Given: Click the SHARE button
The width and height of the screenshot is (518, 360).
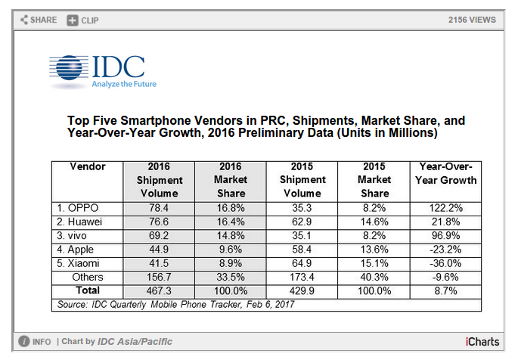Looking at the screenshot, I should tap(39, 19).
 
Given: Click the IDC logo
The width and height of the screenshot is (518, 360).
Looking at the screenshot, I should tap(102, 71).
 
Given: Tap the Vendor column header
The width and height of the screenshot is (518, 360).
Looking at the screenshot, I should tap(88, 166).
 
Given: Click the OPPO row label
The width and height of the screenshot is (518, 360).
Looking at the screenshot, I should tap(78, 207).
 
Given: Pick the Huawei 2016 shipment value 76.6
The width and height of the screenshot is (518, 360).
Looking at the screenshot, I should tap(160, 221).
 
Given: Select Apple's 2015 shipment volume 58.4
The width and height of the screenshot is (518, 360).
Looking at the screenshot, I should tap(302, 248).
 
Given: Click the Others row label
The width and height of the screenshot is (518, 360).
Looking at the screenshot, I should tap(88, 276).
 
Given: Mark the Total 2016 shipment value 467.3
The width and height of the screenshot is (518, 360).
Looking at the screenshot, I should tap(160, 290).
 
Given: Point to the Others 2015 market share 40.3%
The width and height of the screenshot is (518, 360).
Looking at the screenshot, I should tap(374, 276).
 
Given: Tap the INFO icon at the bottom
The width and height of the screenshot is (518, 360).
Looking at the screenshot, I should tap(24, 342).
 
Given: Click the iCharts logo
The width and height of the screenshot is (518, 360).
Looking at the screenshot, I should tap(482, 342).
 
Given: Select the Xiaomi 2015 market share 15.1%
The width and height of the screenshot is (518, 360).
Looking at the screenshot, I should tap(374, 262).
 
